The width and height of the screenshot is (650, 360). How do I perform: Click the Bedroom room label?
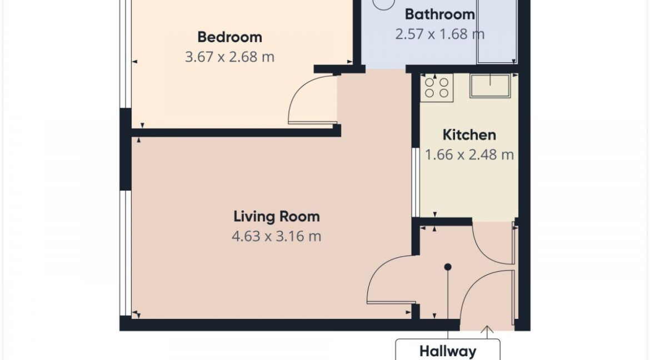click(229, 37)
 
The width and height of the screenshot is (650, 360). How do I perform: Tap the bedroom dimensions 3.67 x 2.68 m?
click(229, 57)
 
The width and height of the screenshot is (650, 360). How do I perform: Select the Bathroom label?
click(440, 14)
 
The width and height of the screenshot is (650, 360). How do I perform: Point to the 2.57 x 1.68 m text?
click(440, 33)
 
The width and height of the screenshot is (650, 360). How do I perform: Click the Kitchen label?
click(469, 135)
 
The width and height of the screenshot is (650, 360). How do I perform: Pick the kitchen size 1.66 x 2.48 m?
click(469, 154)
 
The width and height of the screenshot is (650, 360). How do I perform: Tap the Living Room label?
click(277, 217)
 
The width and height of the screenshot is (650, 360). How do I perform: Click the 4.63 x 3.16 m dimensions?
click(277, 236)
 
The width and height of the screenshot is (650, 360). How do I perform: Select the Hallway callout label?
click(448, 351)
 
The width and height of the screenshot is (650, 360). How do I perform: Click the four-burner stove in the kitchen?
click(437, 88)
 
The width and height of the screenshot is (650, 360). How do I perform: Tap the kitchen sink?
click(490, 86)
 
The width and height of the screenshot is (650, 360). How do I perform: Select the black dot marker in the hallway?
click(448, 267)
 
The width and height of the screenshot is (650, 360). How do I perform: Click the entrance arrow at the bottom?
click(487, 331)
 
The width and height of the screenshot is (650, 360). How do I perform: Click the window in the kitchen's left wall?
click(416, 182)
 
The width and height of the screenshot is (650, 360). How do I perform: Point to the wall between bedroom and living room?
click(236, 133)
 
